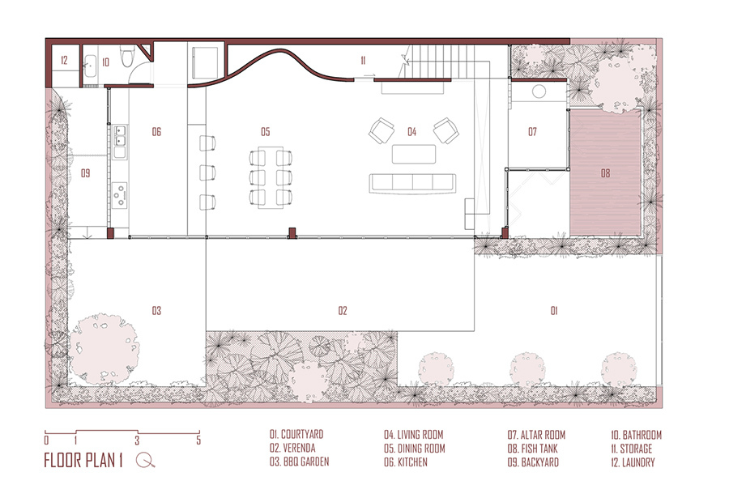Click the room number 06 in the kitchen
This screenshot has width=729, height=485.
tap(156, 132)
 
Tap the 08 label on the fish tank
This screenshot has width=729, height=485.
tap(605, 173)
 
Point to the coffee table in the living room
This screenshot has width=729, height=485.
tap(414, 154)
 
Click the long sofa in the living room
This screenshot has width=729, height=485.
tap(412, 184)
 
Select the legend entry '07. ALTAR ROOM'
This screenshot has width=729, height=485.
tap(536, 435)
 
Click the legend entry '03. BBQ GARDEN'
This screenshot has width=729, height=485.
tap(300, 462)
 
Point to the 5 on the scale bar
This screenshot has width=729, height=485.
tap(198, 440)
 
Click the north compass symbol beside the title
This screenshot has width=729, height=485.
tap(146, 460)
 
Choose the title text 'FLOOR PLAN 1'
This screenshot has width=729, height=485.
tap(83, 461)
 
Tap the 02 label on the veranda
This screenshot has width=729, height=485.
tap(343, 311)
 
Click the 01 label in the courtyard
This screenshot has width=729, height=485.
tap(554, 311)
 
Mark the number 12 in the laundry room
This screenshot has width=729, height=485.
tap(64, 60)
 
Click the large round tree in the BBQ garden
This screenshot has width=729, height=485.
tap(104, 348)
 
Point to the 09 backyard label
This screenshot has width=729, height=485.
tap(86, 173)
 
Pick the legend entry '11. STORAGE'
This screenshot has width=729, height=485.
tap(631, 449)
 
